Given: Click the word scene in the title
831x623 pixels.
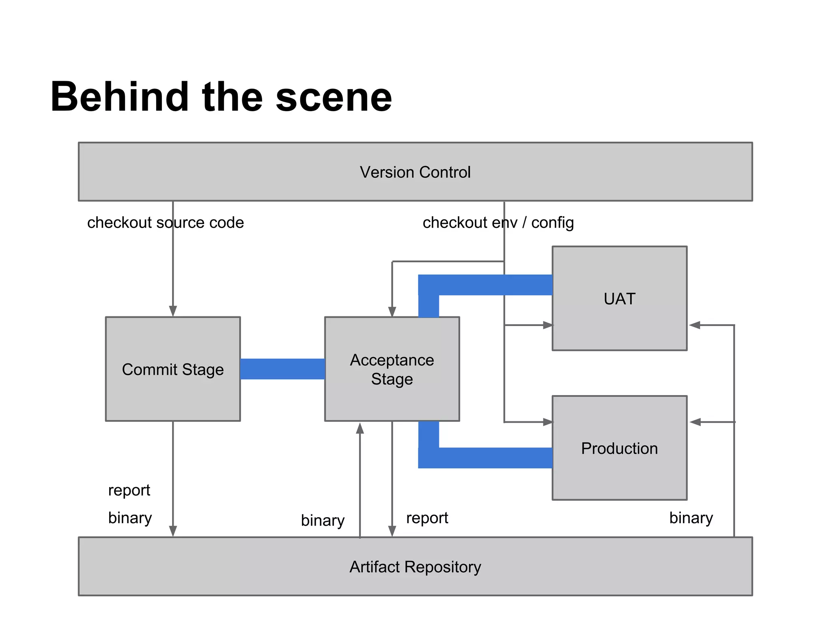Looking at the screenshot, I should tap(334, 97).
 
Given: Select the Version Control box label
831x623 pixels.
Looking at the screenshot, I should tap(415, 172).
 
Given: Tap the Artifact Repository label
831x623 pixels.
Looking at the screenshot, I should tap(415, 567).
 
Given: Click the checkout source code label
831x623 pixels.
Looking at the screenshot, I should tap(166, 223).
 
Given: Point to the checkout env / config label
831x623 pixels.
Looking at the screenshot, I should tap(498, 223).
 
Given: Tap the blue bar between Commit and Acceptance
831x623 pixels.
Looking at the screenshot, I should tap(282, 369).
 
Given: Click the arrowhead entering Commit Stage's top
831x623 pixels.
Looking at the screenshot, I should tap(173, 311).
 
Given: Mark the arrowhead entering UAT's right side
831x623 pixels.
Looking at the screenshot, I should tap(695, 325).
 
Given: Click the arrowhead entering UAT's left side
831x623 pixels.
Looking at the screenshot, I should tap(547, 325).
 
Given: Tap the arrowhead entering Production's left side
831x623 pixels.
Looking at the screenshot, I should tap(547, 422).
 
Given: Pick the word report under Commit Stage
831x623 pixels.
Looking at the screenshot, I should tap(129, 490).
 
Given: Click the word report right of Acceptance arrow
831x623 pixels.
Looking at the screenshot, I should tap(427, 518).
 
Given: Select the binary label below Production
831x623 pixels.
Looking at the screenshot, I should tap(691, 518).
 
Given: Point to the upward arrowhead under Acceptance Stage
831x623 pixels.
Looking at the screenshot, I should tap(360, 428).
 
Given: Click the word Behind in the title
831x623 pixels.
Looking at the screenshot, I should tap(120, 97).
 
